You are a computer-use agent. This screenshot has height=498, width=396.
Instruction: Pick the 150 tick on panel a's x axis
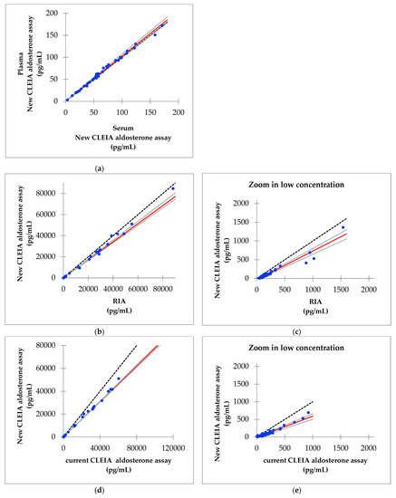tap(150, 112)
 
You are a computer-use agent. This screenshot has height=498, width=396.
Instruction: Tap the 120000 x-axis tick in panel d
tap(174, 447)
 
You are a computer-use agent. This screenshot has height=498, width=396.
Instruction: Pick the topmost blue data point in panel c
tap(343, 227)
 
